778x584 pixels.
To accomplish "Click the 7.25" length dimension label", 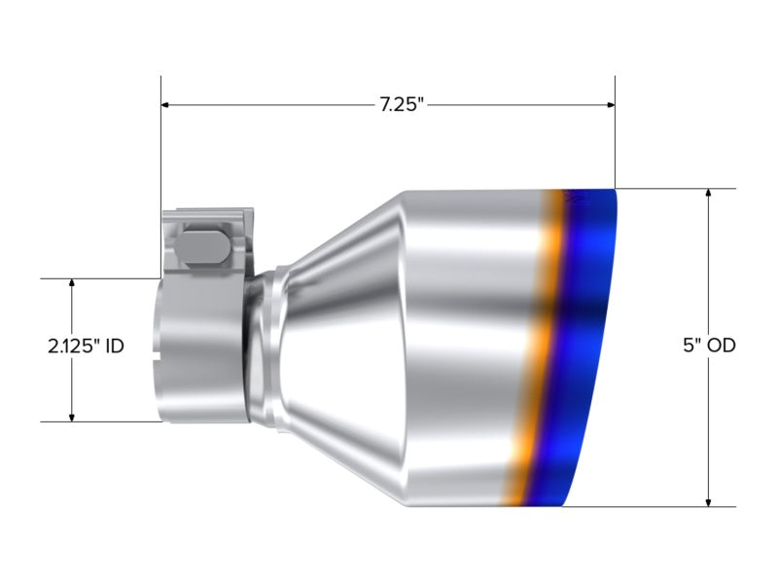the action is (402, 105).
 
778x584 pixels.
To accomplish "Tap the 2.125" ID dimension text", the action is (86, 347).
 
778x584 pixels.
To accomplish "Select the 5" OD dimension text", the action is (709, 346).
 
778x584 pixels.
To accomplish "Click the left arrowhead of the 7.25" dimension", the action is (165, 105).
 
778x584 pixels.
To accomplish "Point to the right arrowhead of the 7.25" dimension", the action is (611, 105).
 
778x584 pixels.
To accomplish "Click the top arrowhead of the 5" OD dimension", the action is (709, 193).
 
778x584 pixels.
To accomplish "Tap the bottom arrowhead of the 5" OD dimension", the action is (709, 502).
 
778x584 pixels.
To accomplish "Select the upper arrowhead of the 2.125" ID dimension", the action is (72, 283).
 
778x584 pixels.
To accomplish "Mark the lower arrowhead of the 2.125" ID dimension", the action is (72, 417).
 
